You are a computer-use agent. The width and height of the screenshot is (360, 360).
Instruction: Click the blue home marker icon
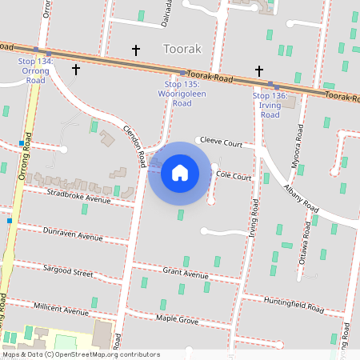click(x=180, y=173)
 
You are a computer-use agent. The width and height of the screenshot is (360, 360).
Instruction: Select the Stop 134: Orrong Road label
click(x=34, y=70)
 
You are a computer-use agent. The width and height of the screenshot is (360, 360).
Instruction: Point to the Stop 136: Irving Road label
click(x=270, y=105)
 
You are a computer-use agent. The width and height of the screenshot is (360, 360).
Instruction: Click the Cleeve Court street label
click(x=221, y=142)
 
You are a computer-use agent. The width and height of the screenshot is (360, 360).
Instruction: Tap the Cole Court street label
click(x=234, y=174)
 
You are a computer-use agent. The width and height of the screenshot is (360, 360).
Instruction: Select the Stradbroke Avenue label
click(x=78, y=195)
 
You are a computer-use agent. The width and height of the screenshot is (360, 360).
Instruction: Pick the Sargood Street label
click(x=68, y=272)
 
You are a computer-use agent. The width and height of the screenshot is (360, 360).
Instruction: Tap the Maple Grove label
click(x=177, y=319)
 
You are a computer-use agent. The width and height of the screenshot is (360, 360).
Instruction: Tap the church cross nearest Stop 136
click(x=259, y=71)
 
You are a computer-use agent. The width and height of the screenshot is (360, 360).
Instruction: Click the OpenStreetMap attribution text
click(x=81, y=354)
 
